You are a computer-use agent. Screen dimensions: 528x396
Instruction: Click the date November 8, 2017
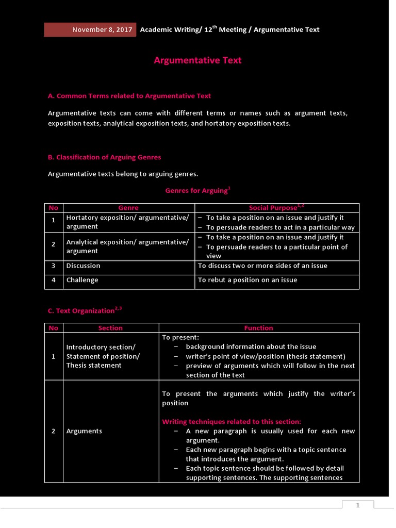102,30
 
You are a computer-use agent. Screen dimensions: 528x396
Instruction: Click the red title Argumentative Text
197,60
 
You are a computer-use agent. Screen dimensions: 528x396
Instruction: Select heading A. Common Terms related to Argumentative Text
129,96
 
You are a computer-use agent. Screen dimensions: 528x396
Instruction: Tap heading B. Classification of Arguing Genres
104,157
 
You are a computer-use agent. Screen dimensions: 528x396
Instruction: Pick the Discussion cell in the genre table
84,266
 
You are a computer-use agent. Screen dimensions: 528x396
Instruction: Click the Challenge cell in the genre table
82,280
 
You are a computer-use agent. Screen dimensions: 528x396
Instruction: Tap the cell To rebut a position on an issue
247,280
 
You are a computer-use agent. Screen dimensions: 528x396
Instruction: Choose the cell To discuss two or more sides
262,266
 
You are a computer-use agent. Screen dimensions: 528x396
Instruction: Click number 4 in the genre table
53,280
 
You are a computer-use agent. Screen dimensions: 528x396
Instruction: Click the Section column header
110,328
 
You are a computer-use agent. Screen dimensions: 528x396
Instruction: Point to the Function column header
258,328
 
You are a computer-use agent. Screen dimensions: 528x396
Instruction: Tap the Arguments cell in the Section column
84,431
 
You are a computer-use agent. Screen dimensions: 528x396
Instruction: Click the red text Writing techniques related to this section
232,422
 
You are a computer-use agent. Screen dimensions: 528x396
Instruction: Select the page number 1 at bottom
357,506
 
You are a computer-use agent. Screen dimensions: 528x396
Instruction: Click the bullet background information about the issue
251,347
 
